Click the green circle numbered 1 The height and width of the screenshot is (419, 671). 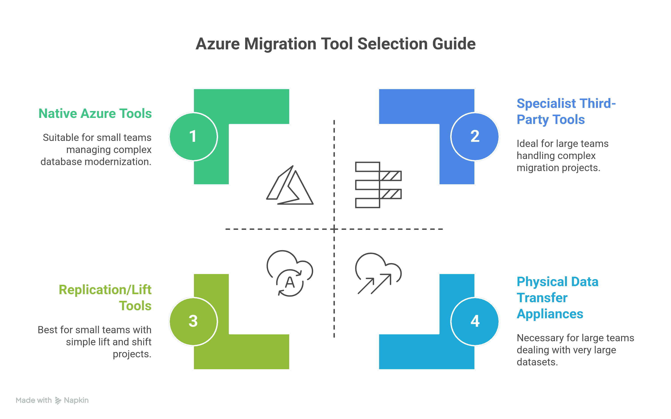(193, 136)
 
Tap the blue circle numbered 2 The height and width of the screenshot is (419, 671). (475, 136)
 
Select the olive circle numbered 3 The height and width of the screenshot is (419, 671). (193, 321)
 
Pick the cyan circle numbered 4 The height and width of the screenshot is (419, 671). (475, 321)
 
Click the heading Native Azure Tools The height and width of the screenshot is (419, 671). (95, 114)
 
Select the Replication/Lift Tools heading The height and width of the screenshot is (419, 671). (105, 298)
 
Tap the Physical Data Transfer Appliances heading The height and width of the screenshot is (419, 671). (557, 298)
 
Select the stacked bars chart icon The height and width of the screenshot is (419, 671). (378, 185)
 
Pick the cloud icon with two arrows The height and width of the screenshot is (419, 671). (378, 273)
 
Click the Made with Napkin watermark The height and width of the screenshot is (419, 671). (52, 400)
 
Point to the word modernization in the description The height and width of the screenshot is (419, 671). (117, 161)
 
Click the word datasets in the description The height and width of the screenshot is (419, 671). (537, 362)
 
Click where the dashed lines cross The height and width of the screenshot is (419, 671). (334, 229)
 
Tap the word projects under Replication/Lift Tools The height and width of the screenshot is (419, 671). (132, 354)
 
